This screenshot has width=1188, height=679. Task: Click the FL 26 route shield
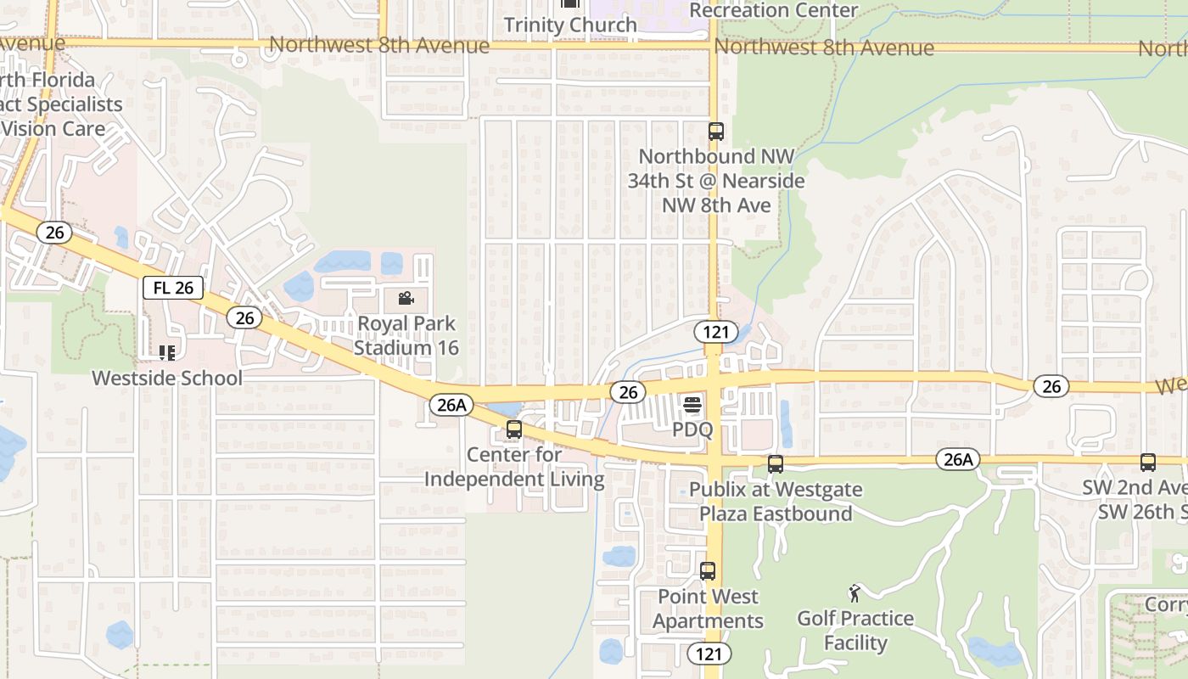click(x=173, y=288)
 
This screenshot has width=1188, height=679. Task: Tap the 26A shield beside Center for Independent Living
click(x=451, y=405)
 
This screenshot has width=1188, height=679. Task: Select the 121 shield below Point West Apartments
click(x=709, y=654)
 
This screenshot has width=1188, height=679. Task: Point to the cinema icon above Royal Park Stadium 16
click(x=406, y=298)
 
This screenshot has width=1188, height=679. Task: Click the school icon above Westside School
click(x=167, y=352)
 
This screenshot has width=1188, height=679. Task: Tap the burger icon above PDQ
click(x=692, y=405)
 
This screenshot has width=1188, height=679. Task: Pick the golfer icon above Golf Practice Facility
click(x=855, y=593)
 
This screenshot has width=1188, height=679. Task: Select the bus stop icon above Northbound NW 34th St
click(x=716, y=132)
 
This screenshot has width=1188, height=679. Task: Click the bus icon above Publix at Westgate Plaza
click(x=776, y=464)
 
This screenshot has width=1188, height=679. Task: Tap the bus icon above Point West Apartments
click(x=708, y=571)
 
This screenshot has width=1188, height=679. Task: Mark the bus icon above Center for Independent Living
click(x=514, y=429)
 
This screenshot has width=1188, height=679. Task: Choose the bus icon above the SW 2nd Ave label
click(x=1148, y=463)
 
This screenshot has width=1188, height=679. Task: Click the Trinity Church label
click(x=570, y=25)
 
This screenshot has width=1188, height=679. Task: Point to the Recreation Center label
click(x=774, y=10)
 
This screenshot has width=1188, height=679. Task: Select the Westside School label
click(x=167, y=378)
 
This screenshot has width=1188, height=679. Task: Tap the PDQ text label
click(x=692, y=429)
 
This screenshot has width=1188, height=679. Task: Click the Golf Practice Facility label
click(x=855, y=631)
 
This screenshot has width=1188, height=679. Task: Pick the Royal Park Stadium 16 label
click(x=406, y=335)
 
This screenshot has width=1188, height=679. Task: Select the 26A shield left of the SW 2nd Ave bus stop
click(x=958, y=460)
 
